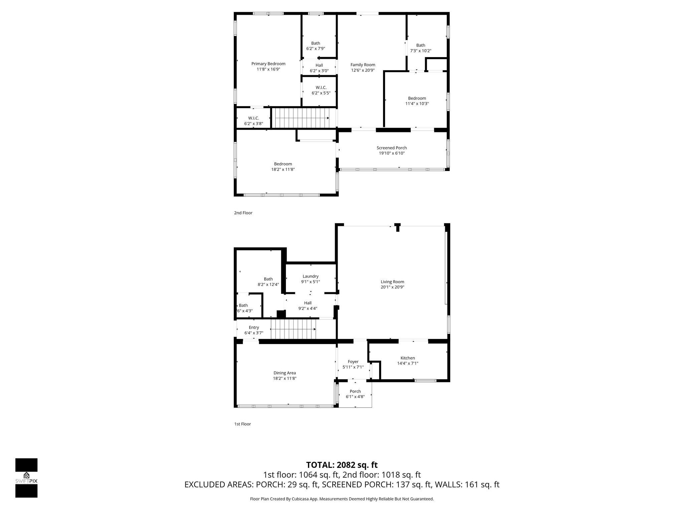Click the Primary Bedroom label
[268, 64]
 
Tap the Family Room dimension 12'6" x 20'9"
[363, 70]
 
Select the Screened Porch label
[391, 148]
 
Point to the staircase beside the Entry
[293, 329]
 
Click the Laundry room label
[310, 276]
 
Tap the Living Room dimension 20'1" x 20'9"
[392, 287]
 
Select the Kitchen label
[407, 358]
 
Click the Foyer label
[353, 362]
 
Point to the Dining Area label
[285, 373]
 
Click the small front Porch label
[355, 391]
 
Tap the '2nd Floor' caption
[243, 213]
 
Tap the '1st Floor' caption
[242, 424]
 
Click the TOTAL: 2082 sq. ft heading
[342, 465]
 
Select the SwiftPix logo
[26, 478]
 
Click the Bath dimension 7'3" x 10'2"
[420, 51]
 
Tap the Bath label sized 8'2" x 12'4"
[268, 279]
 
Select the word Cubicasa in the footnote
[300, 499]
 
